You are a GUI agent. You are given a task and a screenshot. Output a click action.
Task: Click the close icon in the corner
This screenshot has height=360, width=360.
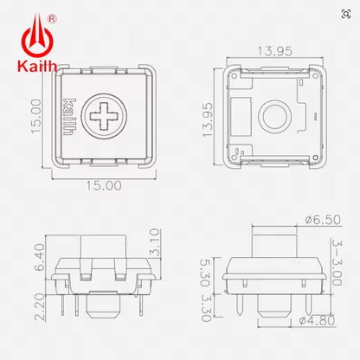coord(346,13)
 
